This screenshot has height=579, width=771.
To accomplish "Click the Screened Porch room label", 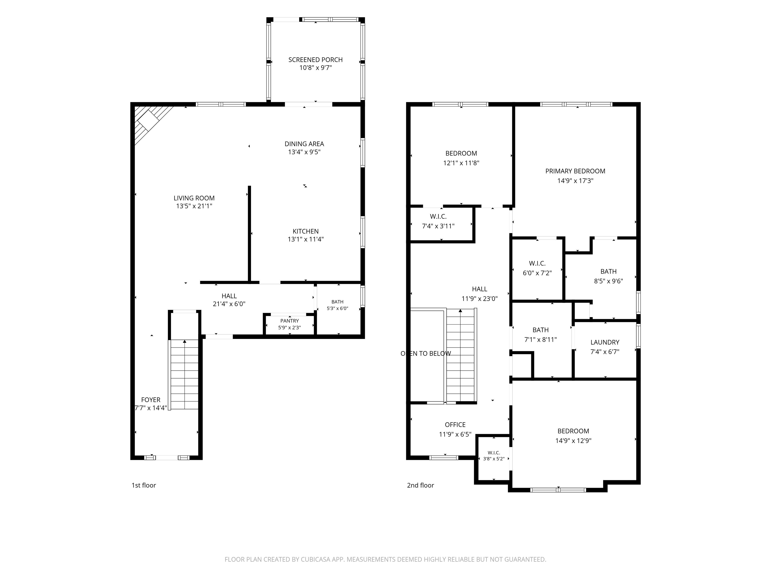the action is [x=315, y=60].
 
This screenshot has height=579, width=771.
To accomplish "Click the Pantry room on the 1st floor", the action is [x=290, y=324].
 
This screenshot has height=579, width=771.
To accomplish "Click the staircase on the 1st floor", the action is [x=184, y=374].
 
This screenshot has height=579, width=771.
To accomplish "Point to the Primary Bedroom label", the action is [x=575, y=171].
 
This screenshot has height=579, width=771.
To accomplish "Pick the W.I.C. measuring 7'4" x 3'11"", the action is [x=441, y=224].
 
